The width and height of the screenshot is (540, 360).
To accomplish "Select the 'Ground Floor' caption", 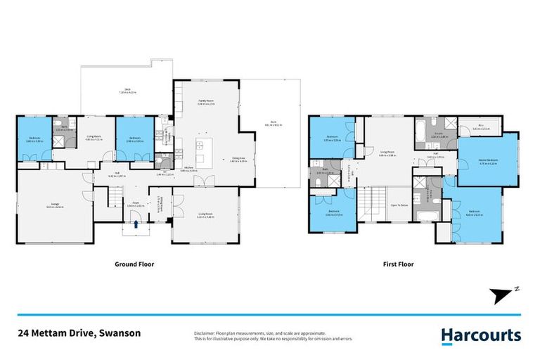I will tap(134, 265).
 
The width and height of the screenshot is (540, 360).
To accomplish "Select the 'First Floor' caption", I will tap(399, 265).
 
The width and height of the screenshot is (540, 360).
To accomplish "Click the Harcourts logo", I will tap(481, 336).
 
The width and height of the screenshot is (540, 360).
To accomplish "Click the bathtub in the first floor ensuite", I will tap(420, 128).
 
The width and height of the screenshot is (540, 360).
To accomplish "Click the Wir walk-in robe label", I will tap(481, 128).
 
